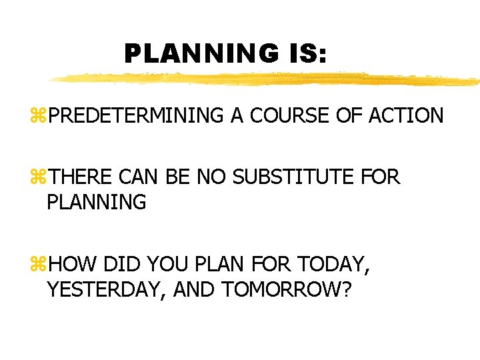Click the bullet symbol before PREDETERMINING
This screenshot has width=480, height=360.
tap(41, 115)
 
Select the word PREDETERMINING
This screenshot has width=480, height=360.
tap(136, 115)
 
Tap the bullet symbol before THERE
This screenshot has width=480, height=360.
tap(41, 177)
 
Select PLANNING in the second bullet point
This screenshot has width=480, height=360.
tap(97, 202)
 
